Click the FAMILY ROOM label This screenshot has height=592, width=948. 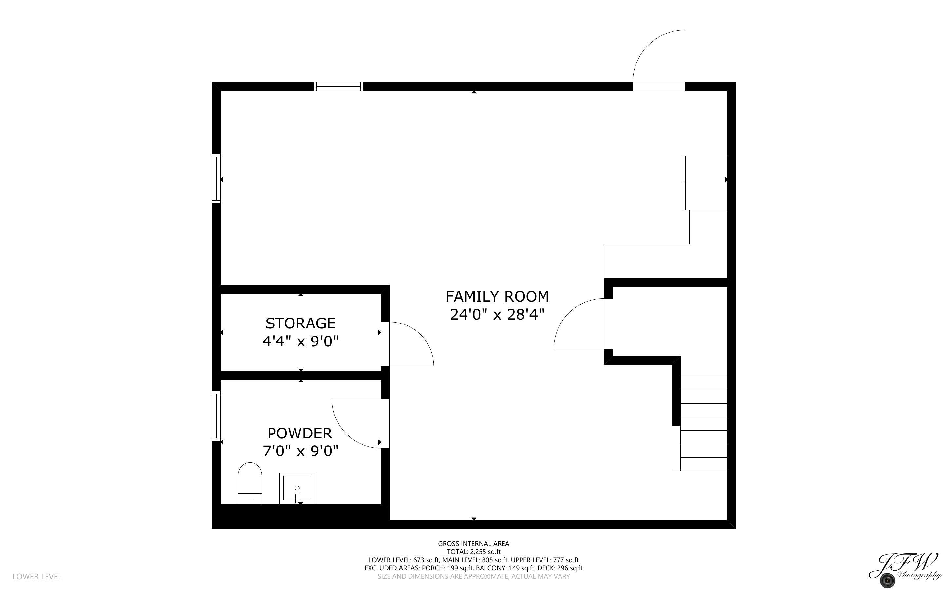coord(497,297)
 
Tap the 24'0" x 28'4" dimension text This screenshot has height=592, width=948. coord(497,315)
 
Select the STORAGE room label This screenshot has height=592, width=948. coord(300,324)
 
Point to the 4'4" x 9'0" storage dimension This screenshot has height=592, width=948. coord(300,342)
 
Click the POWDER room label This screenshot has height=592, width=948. coord(300,434)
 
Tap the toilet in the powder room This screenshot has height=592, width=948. coord(250,484)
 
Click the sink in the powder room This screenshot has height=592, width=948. coord(297,488)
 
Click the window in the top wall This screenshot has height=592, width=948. coord(339,86)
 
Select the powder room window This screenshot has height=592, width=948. coord(216,416)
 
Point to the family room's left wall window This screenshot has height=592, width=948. coord(216,178)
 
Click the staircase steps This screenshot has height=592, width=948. coord(704,424)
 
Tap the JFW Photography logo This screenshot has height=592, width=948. coord(904,571)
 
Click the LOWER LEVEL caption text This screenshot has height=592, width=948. coord(37,576)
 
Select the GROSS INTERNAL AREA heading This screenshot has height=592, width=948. coord(473,544)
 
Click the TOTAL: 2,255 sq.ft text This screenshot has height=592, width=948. coord(473,552)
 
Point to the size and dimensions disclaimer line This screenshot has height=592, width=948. coord(473,576)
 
